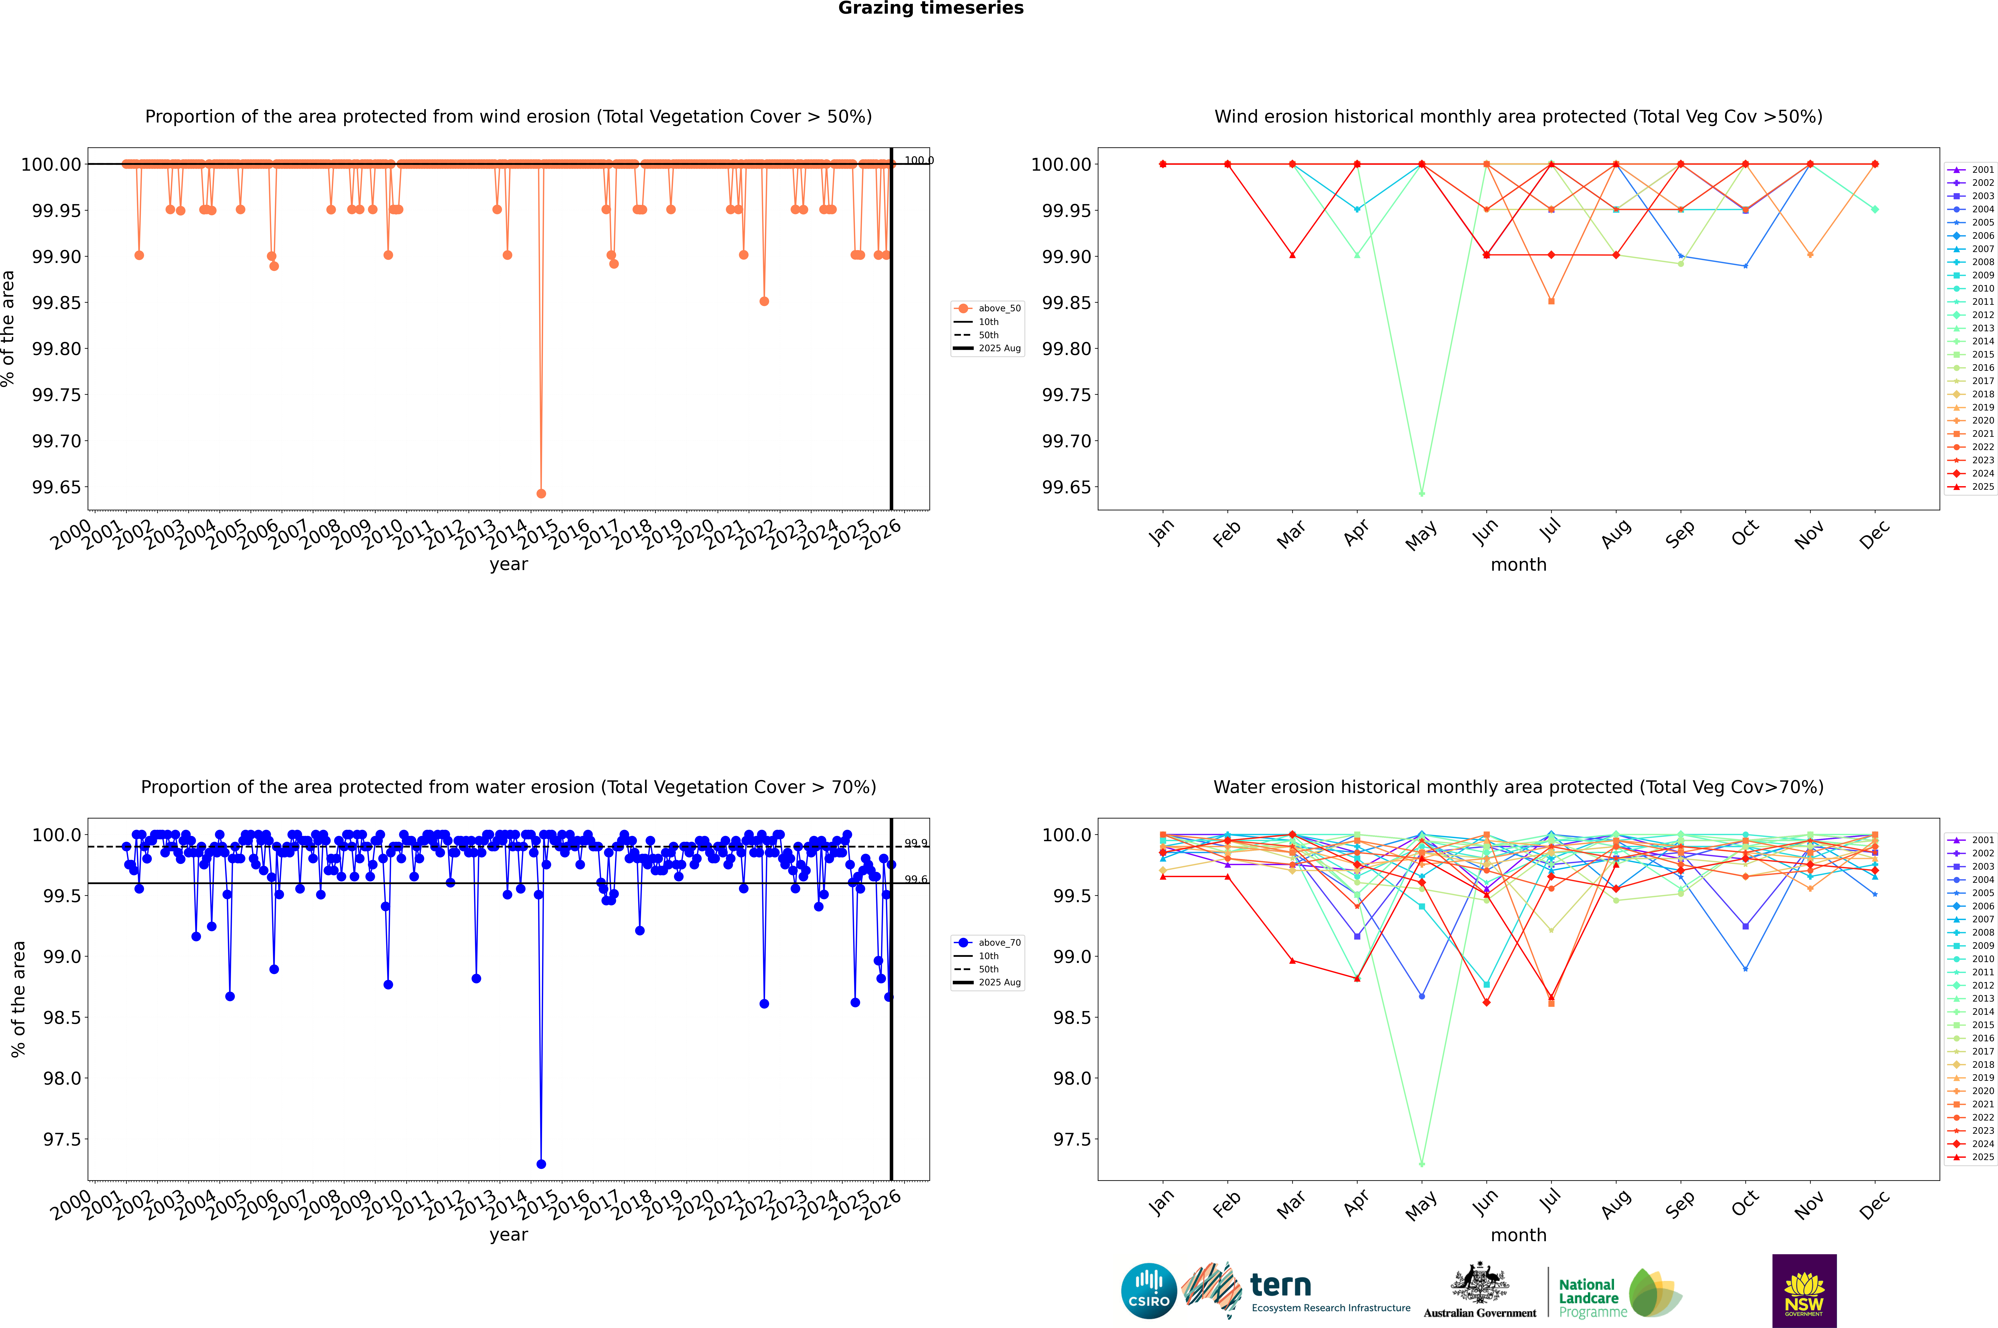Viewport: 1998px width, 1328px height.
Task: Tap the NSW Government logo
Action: (1804, 1291)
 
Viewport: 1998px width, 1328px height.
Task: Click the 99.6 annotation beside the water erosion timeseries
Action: (916, 879)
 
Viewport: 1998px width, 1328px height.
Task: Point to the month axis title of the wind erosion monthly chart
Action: (1518, 565)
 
